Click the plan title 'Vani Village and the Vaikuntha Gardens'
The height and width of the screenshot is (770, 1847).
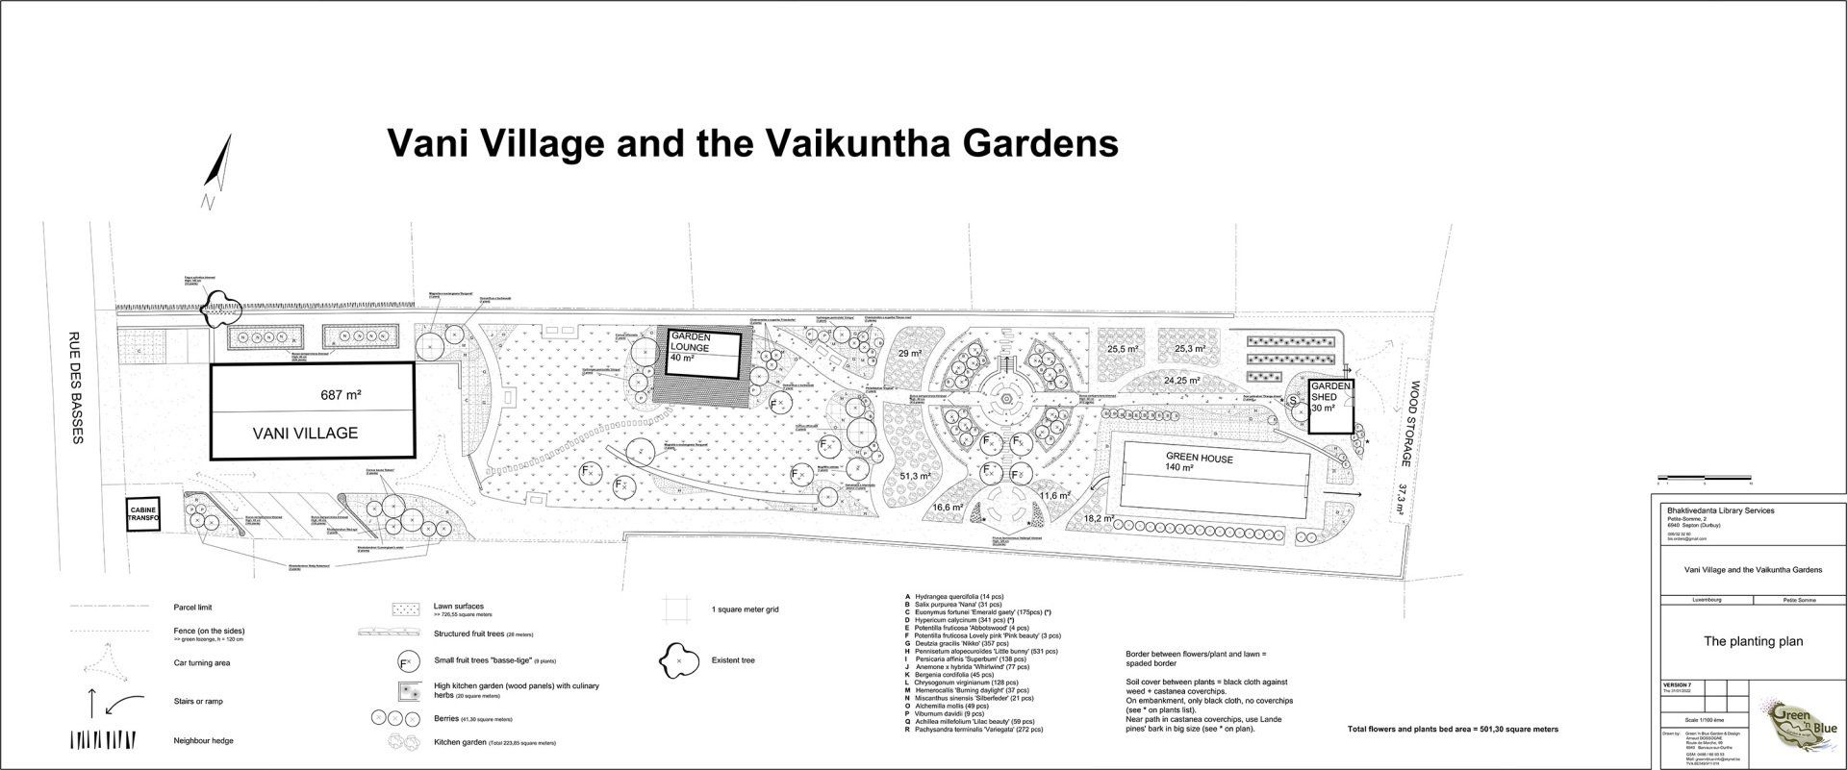click(x=752, y=143)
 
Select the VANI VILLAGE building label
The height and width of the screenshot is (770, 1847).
click(x=305, y=434)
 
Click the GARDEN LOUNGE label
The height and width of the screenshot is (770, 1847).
click(x=691, y=342)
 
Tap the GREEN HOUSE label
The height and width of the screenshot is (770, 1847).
click(x=1199, y=459)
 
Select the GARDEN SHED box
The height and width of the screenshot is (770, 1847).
click(x=1328, y=408)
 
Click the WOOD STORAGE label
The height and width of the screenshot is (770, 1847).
click(x=1415, y=425)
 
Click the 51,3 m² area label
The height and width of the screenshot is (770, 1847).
click(x=915, y=477)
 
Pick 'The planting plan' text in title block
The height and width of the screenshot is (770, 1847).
click(x=1753, y=641)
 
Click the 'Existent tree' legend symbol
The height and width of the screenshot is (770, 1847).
click(x=678, y=661)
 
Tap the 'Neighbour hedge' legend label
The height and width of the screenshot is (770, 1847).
click(x=204, y=741)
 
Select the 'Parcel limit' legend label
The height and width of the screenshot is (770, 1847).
click(x=193, y=608)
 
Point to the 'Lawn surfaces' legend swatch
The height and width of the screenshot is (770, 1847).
click(x=404, y=609)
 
